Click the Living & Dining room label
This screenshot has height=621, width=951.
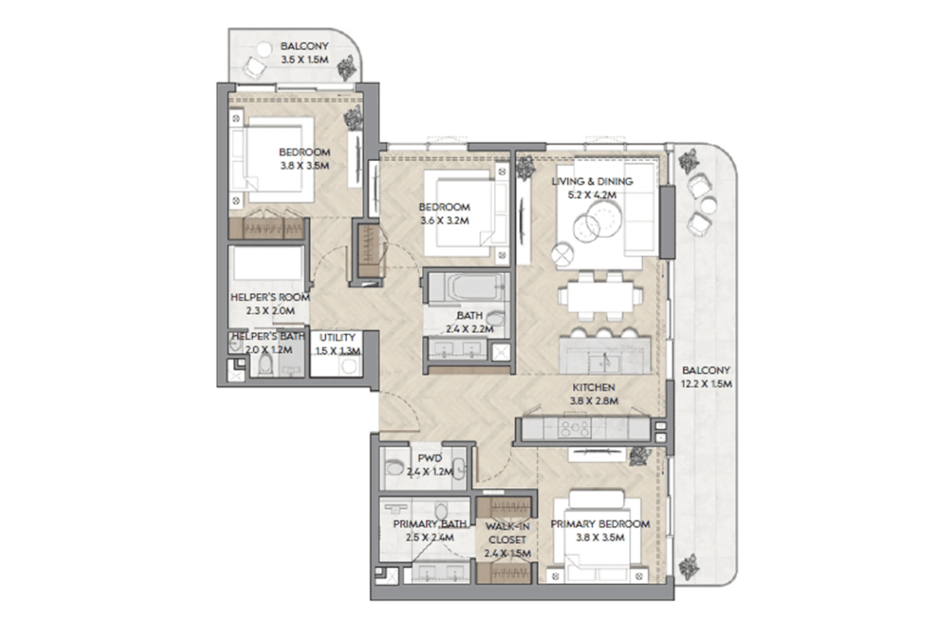(x=592, y=181)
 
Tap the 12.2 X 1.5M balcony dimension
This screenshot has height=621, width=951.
(x=706, y=384)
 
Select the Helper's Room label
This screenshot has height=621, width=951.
(x=270, y=298)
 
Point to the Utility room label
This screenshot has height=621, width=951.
(x=337, y=338)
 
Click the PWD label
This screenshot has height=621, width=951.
(x=429, y=458)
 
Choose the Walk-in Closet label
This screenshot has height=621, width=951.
(x=507, y=533)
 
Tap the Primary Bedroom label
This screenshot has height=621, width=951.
(x=600, y=524)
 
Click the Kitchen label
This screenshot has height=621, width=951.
(x=594, y=387)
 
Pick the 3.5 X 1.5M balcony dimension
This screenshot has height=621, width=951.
(x=305, y=60)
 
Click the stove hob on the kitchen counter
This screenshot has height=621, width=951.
(x=574, y=428)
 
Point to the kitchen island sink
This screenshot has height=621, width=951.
(x=605, y=362)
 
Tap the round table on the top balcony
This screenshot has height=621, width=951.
(x=265, y=48)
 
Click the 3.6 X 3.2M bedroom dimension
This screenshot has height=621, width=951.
(x=444, y=220)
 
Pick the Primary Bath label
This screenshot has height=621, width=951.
(x=430, y=524)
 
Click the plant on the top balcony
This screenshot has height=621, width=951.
(x=348, y=67)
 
